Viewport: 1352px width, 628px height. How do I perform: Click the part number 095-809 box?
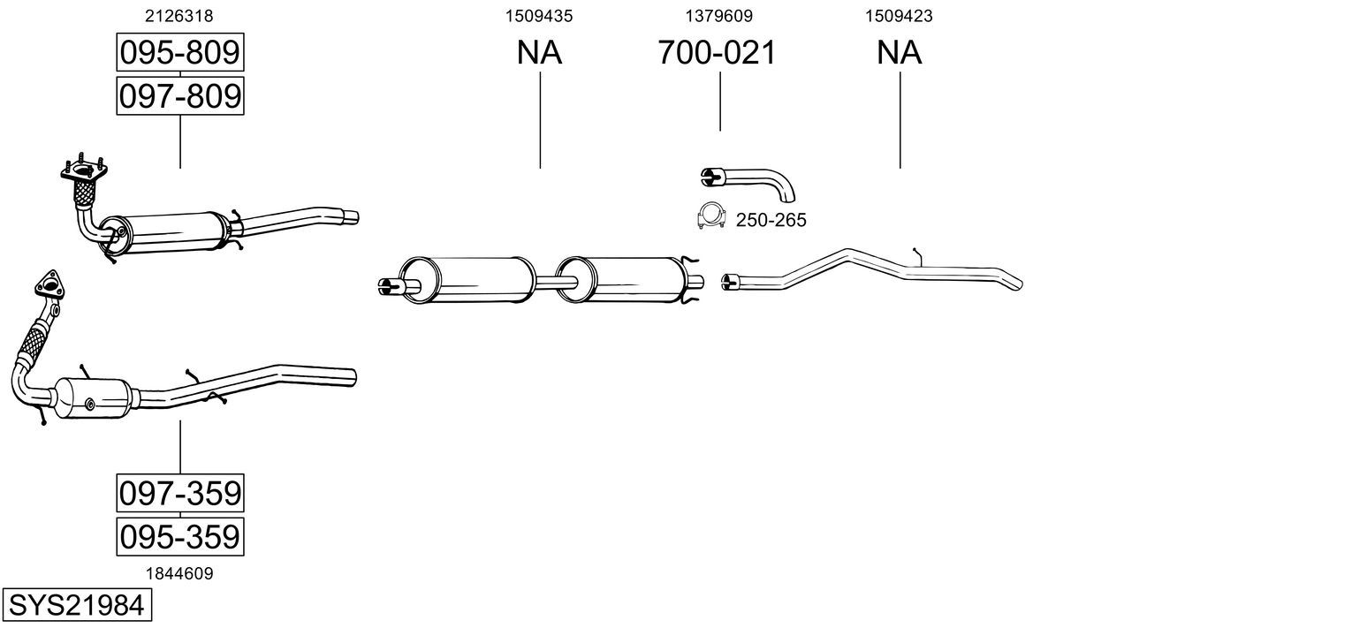(180, 52)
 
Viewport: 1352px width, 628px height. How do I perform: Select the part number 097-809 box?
(180, 95)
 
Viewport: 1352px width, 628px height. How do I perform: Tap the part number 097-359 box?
(180, 493)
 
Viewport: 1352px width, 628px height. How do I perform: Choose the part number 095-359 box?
(180, 536)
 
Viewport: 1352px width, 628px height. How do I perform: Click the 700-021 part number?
(717, 52)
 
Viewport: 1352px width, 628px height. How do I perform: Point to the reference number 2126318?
(178, 16)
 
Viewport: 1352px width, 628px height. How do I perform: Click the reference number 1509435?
(539, 16)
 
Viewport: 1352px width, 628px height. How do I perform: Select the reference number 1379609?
(718, 16)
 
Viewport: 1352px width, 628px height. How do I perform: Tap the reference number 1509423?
(899, 16)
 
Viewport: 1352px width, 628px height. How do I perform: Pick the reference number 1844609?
(179, 573)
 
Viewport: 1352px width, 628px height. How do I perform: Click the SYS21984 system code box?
(77, 605)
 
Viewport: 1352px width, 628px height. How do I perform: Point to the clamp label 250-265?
(771, 220)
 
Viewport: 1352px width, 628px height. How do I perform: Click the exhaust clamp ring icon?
(710, 216)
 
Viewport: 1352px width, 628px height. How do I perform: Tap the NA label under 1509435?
(539, 52)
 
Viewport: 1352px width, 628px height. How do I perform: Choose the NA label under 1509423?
(899, 52)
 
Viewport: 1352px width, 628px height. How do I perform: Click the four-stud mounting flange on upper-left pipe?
(84, 170)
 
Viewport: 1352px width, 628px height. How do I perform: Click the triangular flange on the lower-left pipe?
(49, 285)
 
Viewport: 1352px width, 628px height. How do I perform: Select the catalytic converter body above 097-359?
(94, 398)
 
